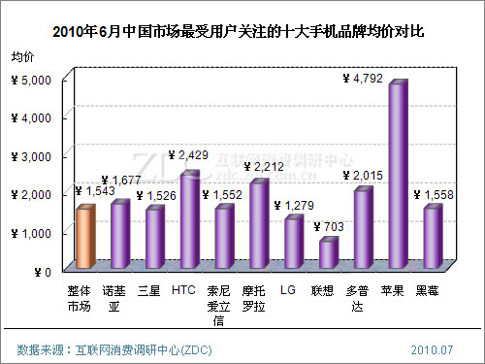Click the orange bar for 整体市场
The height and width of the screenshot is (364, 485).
coord(84,238)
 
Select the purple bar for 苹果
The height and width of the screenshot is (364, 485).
coord(397,175)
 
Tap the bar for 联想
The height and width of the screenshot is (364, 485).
coord(327,253)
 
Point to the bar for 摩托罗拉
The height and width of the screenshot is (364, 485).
coord(258,224)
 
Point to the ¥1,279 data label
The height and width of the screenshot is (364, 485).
coord(294,205)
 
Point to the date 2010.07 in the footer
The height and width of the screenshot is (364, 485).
coord(432,347)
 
